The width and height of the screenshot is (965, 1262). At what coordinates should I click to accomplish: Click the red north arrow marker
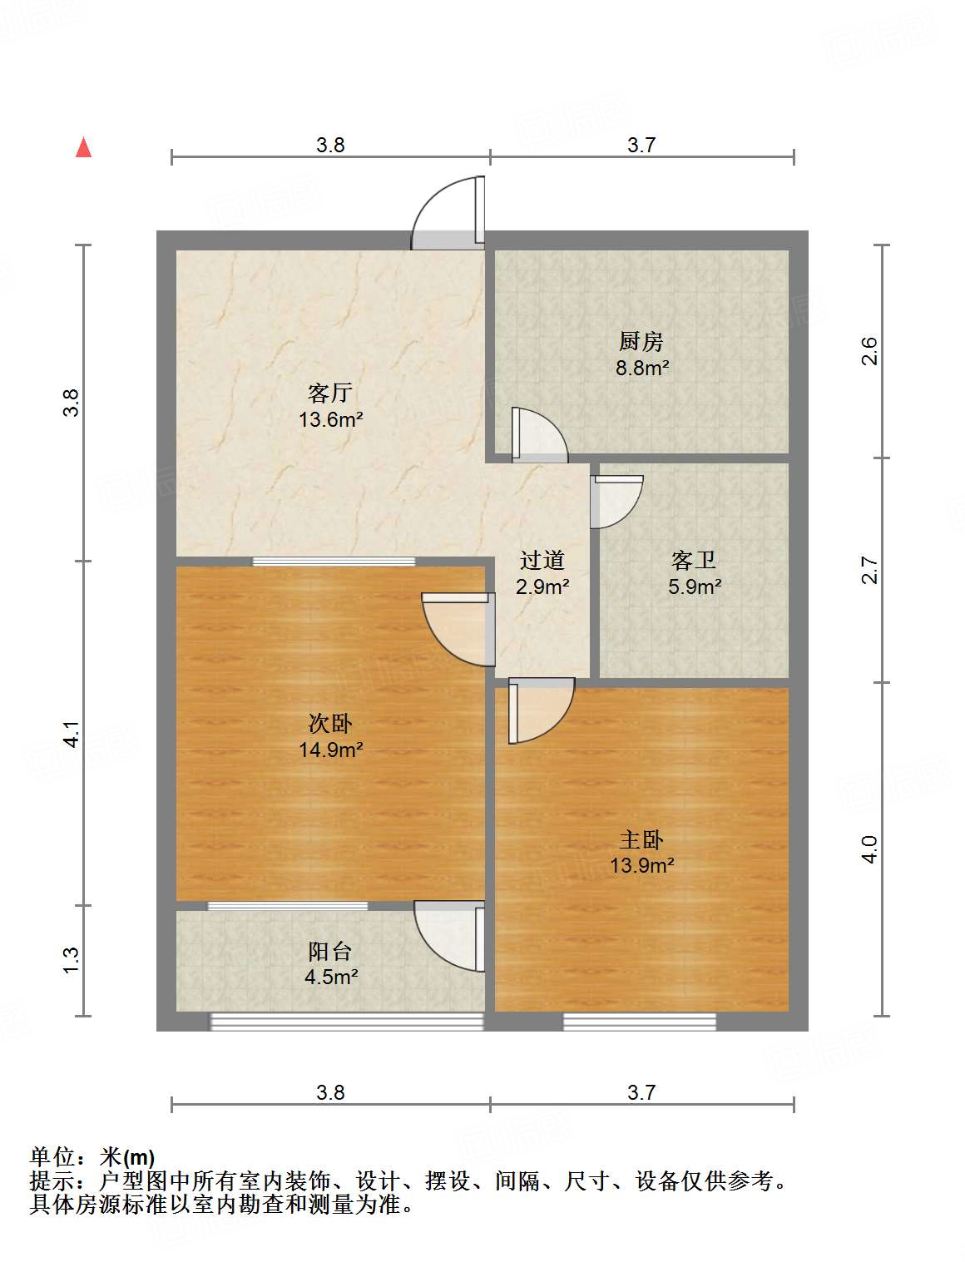[x=83, y=147]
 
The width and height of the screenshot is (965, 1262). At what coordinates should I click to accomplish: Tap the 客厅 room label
[x=330, y=392]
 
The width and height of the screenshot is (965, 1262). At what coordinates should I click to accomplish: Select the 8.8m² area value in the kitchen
[x=642, y=367]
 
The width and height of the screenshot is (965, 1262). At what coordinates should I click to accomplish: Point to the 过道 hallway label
[x=542, y=561]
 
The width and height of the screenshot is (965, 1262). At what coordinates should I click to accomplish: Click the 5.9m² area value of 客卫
[x=695, y=586]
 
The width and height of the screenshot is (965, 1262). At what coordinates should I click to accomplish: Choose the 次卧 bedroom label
[x=330, y=724]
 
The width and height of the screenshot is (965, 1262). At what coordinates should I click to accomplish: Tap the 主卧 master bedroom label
[x=641, y=839]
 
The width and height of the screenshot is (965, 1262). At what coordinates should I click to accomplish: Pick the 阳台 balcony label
[x=330, y=951]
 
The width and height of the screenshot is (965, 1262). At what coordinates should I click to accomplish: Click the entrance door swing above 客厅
[x=450, y=213]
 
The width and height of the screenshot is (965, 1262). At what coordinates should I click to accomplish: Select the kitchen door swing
[x=538, y=435]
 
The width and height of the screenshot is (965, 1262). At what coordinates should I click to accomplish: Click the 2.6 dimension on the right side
[x=869, y=350]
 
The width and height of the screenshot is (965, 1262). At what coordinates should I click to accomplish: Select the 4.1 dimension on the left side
[x=72, y=733]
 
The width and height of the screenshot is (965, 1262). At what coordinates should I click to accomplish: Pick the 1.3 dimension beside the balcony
[x=72, y=960]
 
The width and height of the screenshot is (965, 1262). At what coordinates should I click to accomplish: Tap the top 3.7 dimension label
[x=641, y=145]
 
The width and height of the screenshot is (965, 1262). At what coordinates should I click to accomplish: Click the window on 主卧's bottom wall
[x=639, y=1021]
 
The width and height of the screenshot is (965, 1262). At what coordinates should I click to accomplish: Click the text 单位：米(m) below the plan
[x=92, y=1157]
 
